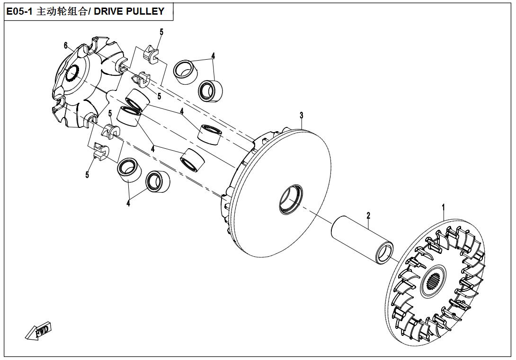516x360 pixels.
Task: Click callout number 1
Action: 444,207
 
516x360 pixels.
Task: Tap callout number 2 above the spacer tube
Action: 368,216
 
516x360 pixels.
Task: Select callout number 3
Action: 301,116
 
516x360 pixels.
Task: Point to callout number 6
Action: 66,45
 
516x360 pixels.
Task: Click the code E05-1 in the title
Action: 19,11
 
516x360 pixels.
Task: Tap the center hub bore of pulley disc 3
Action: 289,198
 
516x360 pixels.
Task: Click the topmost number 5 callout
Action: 161,32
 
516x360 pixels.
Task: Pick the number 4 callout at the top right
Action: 213,56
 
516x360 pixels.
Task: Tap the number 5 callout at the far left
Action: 87,175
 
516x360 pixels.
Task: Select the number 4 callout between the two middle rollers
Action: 182,112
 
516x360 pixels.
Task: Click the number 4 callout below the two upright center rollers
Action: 153,149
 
